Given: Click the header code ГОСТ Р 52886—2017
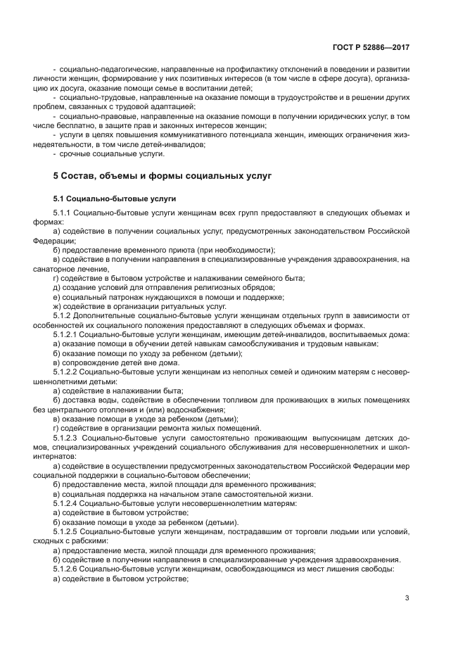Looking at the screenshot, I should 371,47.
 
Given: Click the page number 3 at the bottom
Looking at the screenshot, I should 407,598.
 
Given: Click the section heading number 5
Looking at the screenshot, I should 56,175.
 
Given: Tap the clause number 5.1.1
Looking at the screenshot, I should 64,212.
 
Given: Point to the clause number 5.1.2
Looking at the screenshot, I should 64,316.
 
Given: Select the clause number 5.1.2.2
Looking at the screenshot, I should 67,370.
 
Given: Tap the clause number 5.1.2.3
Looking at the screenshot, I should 67,437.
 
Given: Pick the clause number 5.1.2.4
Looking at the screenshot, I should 67,504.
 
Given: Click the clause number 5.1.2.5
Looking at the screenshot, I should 67,531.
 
